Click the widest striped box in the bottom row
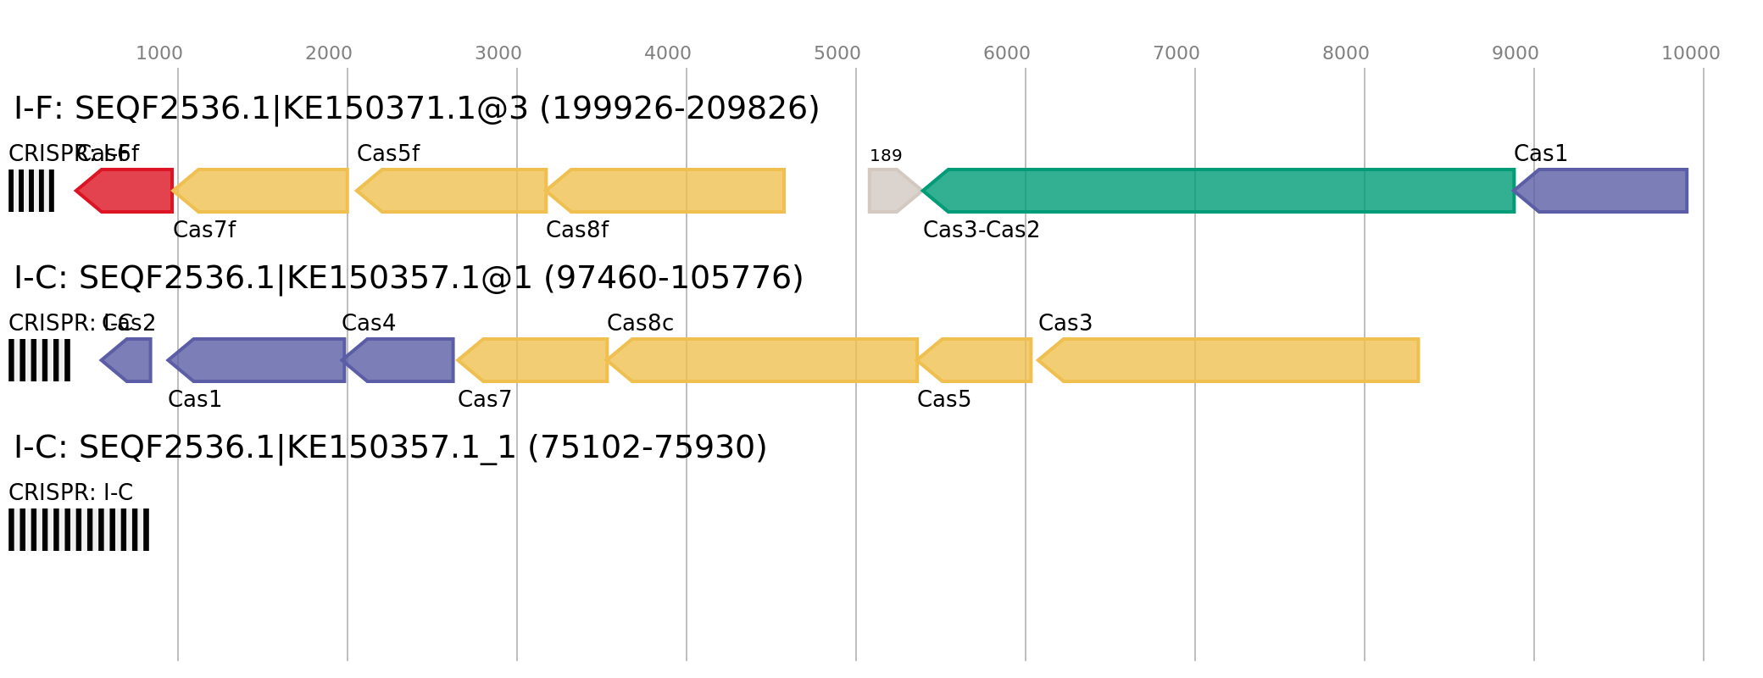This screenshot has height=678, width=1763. point(79,530)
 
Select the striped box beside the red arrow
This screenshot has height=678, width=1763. point(31,191)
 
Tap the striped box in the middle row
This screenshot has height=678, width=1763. point(40,360)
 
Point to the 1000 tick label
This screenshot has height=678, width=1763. point(159,53)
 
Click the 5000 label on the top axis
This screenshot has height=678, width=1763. point(837,53)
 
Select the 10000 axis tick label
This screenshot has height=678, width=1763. point(1690,53)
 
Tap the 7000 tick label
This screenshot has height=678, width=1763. point(1176,53)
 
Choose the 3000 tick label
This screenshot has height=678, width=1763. point(498,53)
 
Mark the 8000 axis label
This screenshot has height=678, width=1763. point(1346,53)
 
